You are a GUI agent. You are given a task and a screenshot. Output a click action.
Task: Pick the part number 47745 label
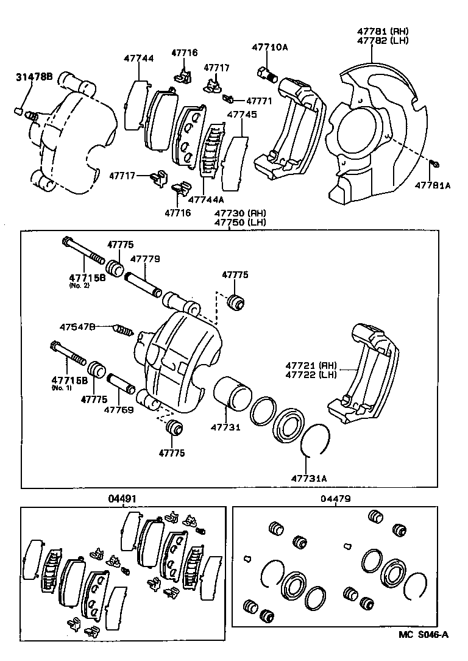[x=241, y=114]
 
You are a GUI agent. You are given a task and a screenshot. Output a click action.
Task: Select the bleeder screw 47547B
[x=124, y=331]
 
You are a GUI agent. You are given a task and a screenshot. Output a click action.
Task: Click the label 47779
[x=146, y=259]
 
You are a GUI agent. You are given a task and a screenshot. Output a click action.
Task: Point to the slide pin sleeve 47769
[x=124, y=387]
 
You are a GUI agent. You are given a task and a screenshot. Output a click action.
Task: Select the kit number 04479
[x=335, y=499]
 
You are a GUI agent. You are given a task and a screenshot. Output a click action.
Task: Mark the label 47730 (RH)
[x=239, y=213]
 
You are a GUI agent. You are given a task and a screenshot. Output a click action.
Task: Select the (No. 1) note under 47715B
[x=61, y=388]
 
